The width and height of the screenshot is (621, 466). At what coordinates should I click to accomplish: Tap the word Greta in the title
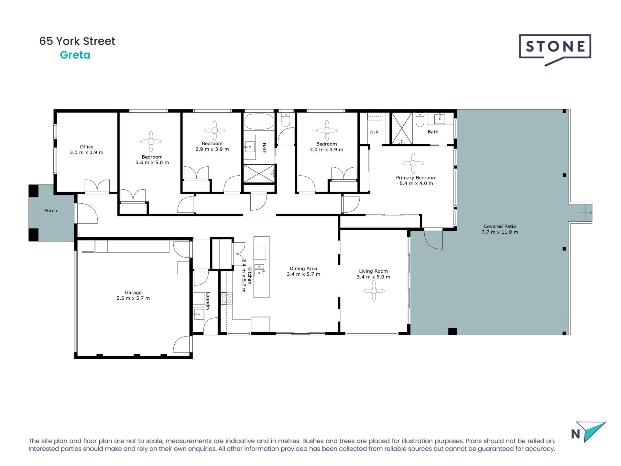tap(75, 55)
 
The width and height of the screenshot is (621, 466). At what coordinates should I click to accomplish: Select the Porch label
tap(50, 211)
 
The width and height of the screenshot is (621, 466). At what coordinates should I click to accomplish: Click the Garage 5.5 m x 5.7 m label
tap(133, 295)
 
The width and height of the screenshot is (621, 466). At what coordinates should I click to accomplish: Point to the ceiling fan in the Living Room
tap(374, 291)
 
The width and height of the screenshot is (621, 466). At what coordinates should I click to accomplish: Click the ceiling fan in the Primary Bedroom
tap(413, 163)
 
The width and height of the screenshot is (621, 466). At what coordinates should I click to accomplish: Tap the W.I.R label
tap(374, 132)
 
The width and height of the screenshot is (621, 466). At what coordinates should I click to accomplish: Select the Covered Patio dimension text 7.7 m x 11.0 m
tap(500, 232)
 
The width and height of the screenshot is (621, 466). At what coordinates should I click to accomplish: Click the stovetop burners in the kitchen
tap(226, 298)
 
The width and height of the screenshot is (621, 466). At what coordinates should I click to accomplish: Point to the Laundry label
tap(208, 301)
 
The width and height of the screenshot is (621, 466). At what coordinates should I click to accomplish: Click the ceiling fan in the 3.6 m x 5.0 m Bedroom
tap(151, 141)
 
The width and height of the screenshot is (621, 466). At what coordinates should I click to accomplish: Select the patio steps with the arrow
tap(585, 213)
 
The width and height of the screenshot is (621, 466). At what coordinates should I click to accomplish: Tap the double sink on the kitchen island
tap(259, 271)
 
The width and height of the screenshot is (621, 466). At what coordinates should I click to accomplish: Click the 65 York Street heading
tap(77, 41)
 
